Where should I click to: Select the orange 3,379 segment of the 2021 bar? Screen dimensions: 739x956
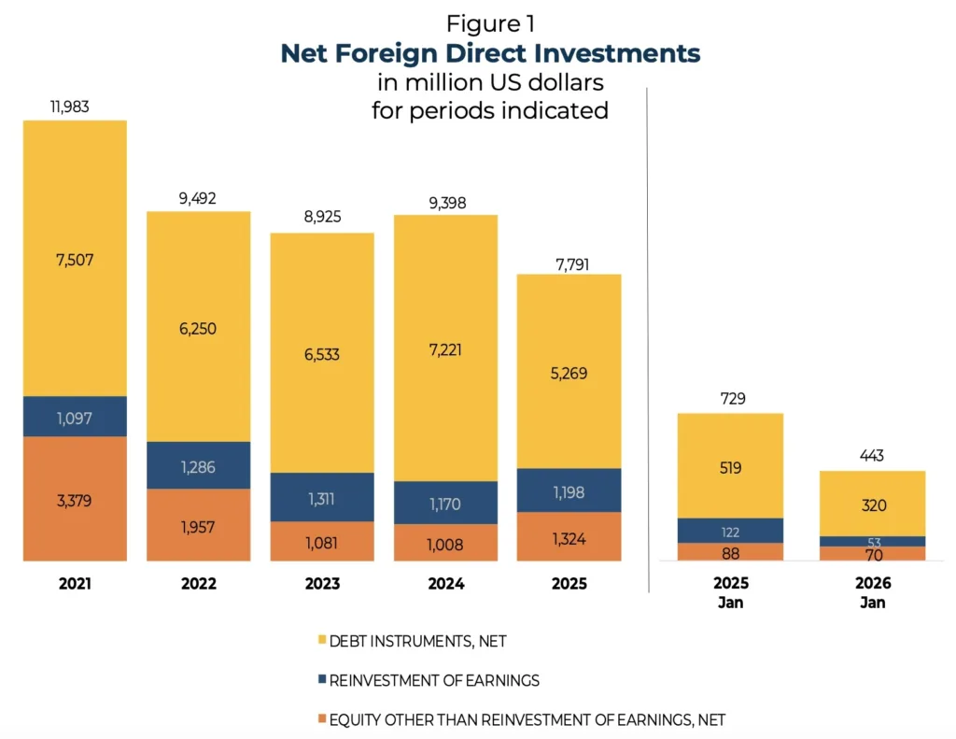point(75,499)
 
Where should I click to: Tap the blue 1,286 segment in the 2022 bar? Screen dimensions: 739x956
point(198,465)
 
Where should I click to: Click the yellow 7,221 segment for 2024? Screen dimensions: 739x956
point(444,348)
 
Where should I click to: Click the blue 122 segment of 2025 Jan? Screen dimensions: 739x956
point(730,531)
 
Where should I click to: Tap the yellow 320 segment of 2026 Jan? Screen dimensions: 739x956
point(872,505)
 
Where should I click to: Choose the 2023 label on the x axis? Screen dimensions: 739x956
point(322,584)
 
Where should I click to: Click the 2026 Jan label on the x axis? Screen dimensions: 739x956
point(872,592)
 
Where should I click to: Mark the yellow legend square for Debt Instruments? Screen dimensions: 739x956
point(322,640)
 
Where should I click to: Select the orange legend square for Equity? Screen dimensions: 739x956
point(322,719)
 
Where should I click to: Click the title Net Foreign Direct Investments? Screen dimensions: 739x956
point(490,53)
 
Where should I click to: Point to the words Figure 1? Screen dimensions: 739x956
point(490,23)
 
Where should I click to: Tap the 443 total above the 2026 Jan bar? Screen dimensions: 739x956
point(872,456)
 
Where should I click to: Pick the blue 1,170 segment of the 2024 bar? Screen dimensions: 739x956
point(444,503)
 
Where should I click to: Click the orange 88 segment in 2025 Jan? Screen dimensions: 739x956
point(730,552)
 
